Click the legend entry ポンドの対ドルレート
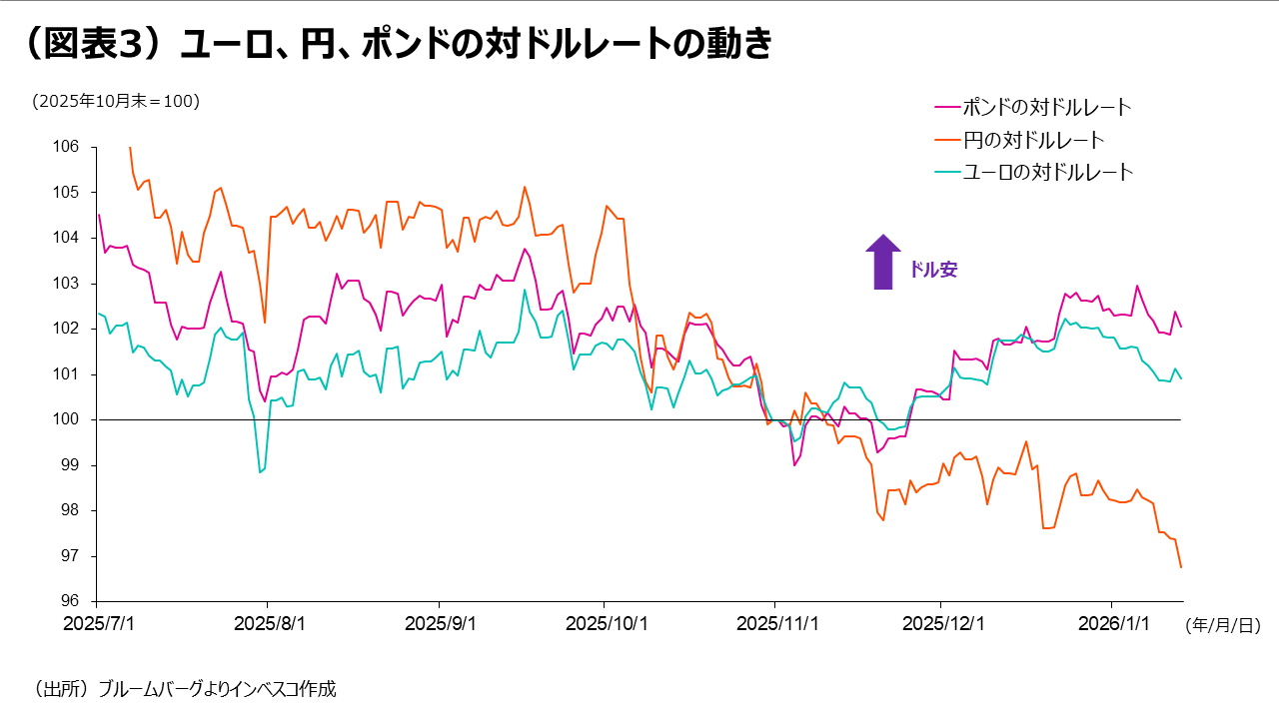pos(1047,106)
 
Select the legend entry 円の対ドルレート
pos(1033,139)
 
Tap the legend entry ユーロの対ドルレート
pos(1048,172)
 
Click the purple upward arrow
pos(882,262)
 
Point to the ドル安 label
pos(933,270)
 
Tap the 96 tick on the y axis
pos(68,601)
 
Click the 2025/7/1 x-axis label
pos(96,623)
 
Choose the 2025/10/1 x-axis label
pos(606,623)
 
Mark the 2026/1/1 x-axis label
pos(1112,623)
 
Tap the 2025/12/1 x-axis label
pos(940,623)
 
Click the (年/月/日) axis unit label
pos(1222,625)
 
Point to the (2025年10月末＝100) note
pos(115,101)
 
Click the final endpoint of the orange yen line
pos(1181,567)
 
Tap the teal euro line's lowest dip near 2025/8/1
pos(260,471)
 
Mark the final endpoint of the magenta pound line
pos(1181,327)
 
